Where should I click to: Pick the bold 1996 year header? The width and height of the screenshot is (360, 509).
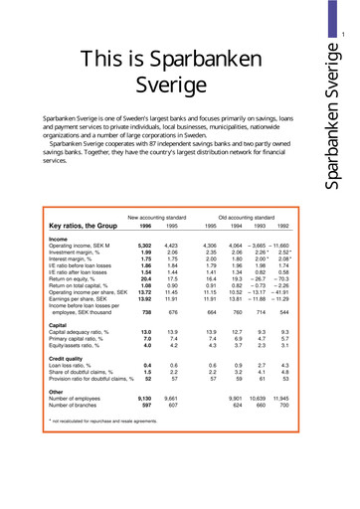pyautogui.click(x=141, y=197)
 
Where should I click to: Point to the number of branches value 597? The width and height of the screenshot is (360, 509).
pyautogui.click(x=143, y=378)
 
